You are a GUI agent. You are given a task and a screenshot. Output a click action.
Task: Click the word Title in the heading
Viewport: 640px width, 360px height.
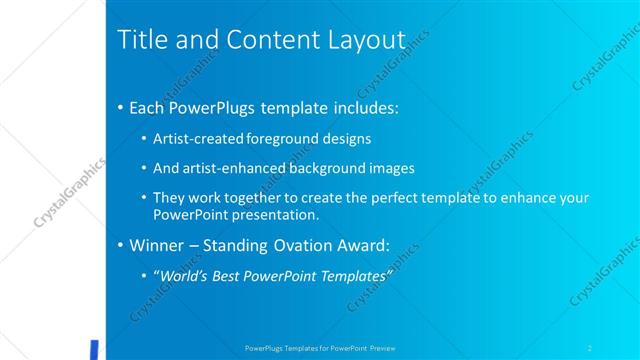tap(141, 41)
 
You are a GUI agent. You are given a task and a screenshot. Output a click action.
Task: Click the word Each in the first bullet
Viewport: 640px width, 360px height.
tap(150, 105)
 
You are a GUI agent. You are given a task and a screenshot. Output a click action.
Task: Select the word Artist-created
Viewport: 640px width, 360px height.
tap(194, 138)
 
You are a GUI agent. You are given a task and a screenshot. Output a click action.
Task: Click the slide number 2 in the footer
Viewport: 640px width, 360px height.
tap(589, 347)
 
